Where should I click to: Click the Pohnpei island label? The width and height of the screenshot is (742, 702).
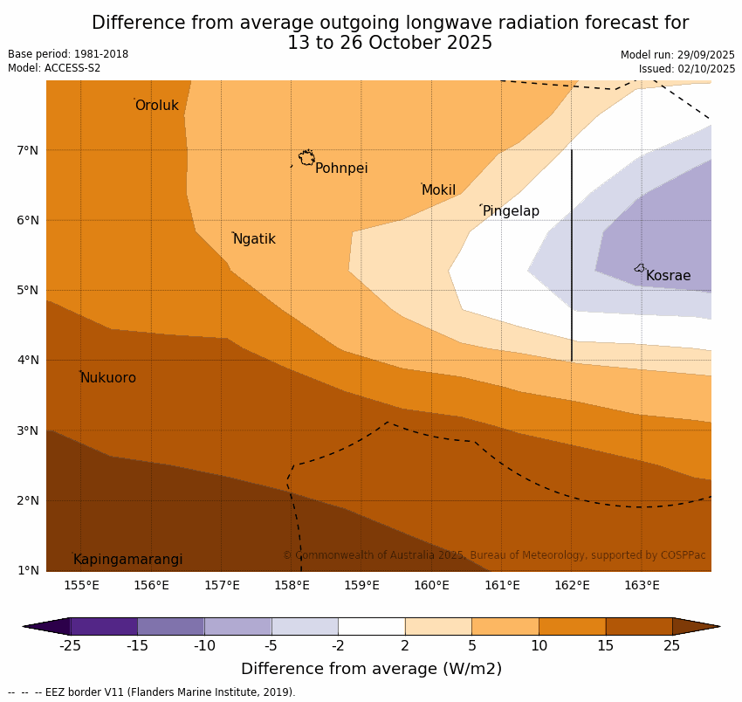(341, 169)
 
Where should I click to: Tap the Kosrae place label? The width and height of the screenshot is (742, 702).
(668, 276)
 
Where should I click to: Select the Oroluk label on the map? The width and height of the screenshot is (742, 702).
(156, 106)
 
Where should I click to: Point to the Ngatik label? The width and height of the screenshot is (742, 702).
(254, 239)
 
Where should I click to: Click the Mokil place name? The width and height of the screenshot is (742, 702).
(438, 190)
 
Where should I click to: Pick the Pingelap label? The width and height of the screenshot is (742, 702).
(511, 211)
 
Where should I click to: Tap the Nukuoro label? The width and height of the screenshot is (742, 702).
(108, 378)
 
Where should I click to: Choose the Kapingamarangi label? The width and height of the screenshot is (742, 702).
(128, 560)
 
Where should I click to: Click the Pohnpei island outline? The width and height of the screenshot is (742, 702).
(306, 158)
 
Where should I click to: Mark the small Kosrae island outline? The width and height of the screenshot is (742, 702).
(640, 268)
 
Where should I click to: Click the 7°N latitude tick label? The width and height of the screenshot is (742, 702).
(28, 150)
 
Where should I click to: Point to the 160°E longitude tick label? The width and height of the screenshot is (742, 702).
(431, 585)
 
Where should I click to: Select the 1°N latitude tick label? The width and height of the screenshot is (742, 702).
(28, 571)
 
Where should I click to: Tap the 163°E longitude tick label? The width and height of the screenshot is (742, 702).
(642, 585)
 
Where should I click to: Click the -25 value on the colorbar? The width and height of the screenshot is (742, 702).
(70, 646)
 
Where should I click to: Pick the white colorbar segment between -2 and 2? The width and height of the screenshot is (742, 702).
(371, 626)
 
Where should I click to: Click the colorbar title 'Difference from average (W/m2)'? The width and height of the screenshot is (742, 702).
(371, 669)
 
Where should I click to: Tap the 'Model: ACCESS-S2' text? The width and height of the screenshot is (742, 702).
(54, 68)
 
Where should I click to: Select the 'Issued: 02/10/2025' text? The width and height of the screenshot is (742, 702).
(686, 69)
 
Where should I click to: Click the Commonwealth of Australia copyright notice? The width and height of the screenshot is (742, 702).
(494, 555)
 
